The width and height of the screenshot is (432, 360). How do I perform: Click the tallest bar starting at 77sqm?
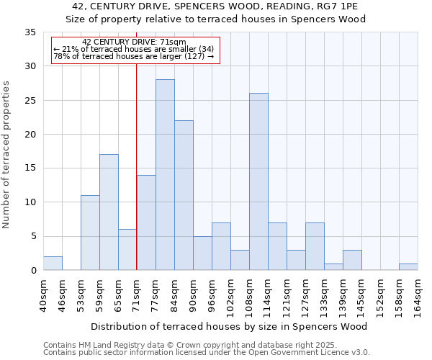tap(165, 175)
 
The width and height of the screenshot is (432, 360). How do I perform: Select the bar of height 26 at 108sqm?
tap(258, 181)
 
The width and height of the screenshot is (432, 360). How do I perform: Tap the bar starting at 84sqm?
tap(184, 195)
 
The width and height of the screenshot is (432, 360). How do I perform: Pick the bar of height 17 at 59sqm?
tap(109, 212)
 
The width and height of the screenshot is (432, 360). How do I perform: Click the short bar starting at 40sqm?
tap(53, 264)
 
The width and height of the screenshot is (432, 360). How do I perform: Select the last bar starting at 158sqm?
tap(408, 267)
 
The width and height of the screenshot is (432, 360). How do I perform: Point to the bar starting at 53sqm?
tap(90, 233)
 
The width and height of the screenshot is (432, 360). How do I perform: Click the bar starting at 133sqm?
tap(333, 267)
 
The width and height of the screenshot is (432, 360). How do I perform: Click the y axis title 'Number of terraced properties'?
tap(7, 155)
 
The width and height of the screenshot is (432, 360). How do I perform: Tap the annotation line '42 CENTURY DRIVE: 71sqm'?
tap(134, 42)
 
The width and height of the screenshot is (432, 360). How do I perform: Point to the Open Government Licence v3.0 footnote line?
tap(207, 353)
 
